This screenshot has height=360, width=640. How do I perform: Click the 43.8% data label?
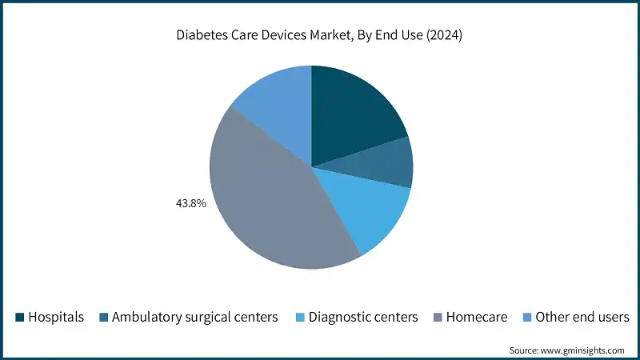point(191,204)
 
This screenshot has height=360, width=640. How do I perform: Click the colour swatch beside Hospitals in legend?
point(19,318)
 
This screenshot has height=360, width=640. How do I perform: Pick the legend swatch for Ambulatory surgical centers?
point(103,318)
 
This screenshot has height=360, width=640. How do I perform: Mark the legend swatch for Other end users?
point(527,318)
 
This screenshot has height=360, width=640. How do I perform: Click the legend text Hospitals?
point(56,318)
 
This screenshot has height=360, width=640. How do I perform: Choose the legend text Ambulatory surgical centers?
point(195,318)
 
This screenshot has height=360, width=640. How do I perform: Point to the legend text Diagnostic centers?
point(363,318)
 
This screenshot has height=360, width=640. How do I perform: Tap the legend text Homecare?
point(477,318)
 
